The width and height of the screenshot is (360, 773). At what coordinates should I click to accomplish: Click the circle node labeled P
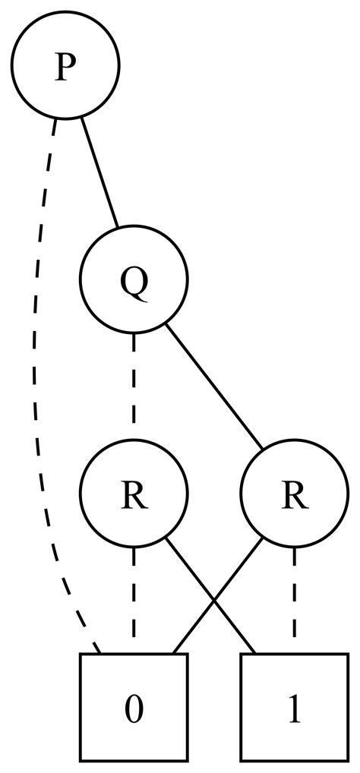tap(65, 65)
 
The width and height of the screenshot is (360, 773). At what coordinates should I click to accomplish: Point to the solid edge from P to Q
tap(99, 172)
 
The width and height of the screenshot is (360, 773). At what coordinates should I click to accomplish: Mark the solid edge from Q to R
tap(214, 386)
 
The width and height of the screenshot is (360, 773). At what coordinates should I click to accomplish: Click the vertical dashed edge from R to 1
tap(295, 600)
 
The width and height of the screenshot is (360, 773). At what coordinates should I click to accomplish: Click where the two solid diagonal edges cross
tap(214, 599)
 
